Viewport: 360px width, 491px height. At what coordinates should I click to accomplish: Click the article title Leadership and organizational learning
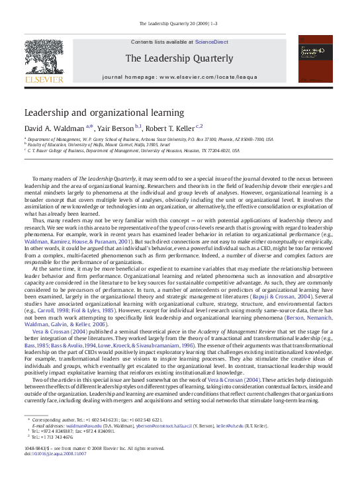pyautogui.click(x=105, y=113)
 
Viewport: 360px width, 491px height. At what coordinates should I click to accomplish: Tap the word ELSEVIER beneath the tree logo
pyautogui.click(x=44, y=80)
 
